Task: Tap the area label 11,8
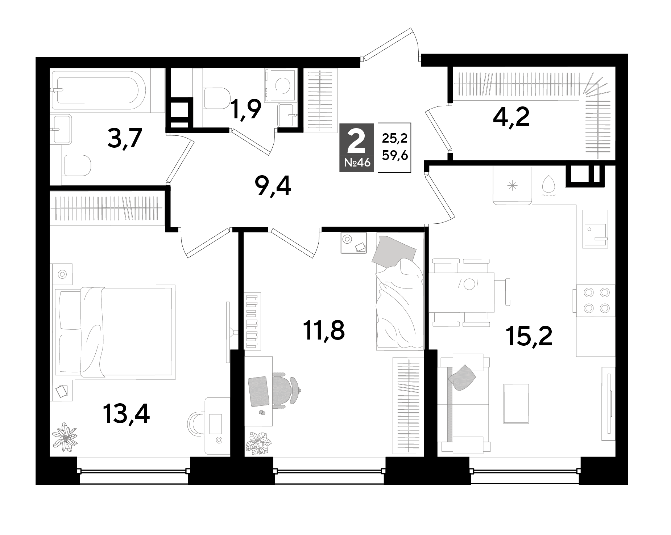(324, 330)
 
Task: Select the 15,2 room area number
(530, 336)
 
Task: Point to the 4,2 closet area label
(511, 117)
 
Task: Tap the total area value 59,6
(395, 156)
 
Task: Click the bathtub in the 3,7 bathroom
(98, 90)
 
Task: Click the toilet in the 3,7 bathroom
(76, 166)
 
